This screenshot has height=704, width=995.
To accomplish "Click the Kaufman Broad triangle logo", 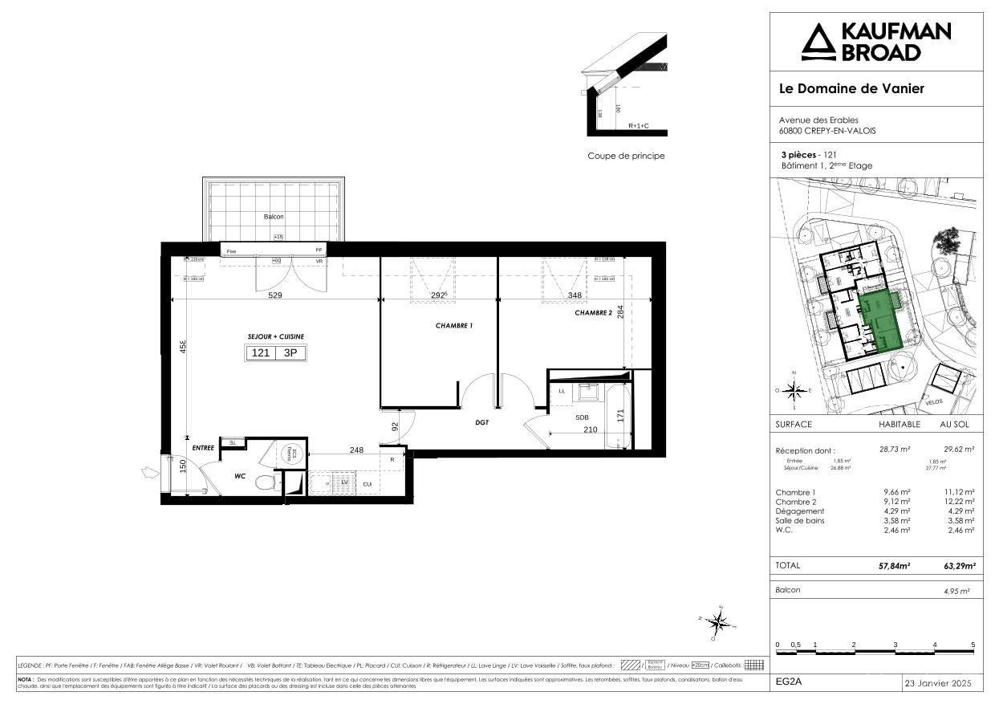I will (x=818, y=43).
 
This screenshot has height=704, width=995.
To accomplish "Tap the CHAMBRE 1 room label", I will (x=454, y=325).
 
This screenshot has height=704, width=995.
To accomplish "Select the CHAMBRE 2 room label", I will (x=593, y=313).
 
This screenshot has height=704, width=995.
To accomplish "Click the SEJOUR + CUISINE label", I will (x=275, y=336).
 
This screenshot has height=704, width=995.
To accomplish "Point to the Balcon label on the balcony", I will (x=274, y=217).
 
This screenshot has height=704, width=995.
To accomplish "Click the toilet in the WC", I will (x=262, y=482).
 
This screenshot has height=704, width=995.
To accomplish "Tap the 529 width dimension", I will (x=274, y=296).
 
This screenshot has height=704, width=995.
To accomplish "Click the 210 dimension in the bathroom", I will (x=590, y=431).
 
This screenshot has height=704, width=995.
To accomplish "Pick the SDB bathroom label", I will (x=582, y=417).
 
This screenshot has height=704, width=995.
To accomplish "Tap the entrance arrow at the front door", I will (x=148, y=473).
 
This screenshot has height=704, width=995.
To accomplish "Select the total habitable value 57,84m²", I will (x=894, y=566).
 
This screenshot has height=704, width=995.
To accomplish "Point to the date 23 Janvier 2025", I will (x=937, y=683).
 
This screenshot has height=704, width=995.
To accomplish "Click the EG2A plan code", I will (x=790, y=683).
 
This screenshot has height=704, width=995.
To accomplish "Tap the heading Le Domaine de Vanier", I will (x=851, y=88).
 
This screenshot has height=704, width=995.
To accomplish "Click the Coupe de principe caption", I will (x=626, y=156).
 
